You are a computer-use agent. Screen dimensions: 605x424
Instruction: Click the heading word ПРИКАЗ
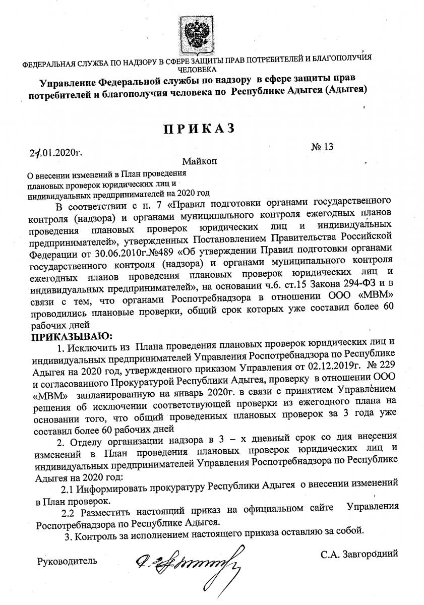(x=199, y=128)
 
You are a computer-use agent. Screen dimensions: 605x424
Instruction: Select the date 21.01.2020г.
(x=55, y=151)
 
